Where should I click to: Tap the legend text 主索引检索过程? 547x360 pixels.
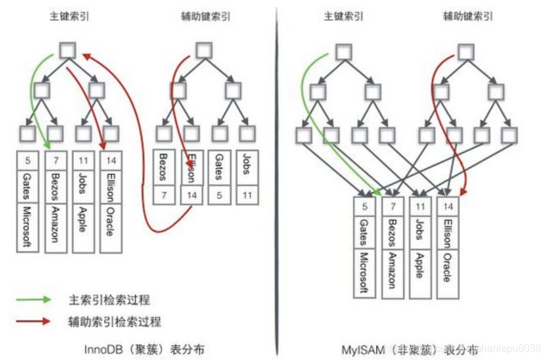109,299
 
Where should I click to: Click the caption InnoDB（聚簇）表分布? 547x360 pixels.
144,349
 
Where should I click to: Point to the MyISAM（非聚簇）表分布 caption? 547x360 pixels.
409,349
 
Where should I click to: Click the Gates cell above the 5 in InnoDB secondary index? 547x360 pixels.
220,168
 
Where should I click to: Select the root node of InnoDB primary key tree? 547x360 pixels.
68,50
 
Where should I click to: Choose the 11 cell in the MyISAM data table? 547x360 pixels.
420,206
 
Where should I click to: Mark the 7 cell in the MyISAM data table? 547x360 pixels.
393,206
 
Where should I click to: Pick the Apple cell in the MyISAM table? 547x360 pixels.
420,262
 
